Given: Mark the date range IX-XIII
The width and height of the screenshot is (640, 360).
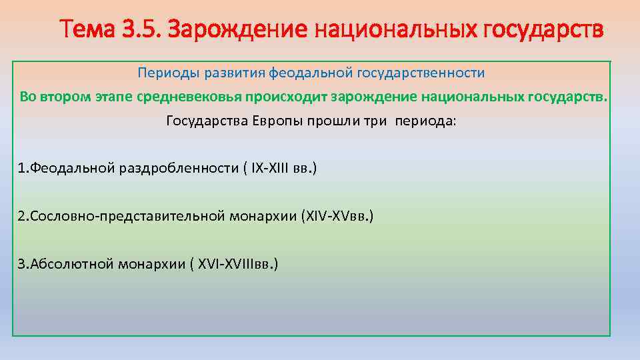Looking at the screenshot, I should pos(272,169).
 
